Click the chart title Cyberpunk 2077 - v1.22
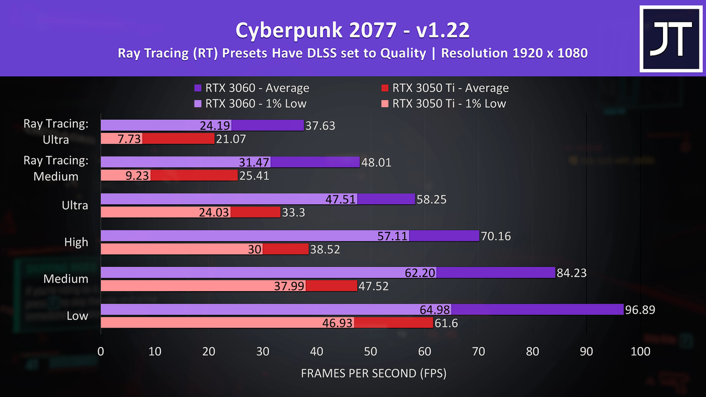[352, 29]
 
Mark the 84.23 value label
[574, 272]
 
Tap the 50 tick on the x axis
[371, 352]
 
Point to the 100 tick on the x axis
[640, 352]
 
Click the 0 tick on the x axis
[101, 352]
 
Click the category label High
[76, 242]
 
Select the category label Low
[78, 316]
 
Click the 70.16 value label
[495, 236]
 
